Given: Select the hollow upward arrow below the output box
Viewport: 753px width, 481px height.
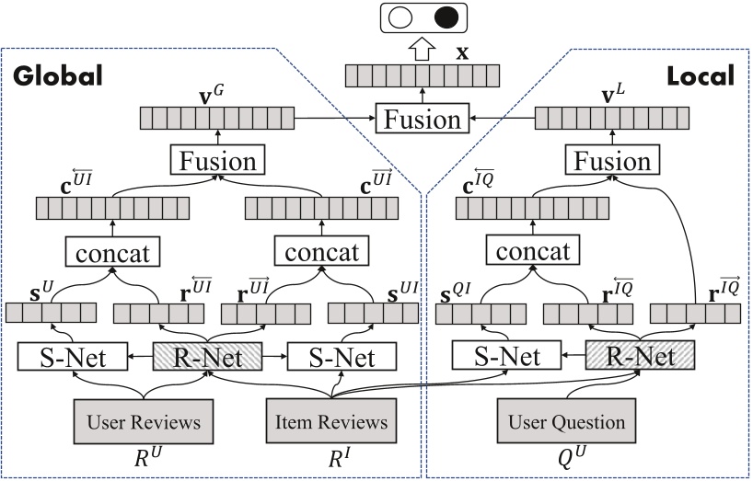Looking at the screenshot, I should click(422, 49).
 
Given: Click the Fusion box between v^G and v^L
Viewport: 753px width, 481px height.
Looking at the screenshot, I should click(423, 120).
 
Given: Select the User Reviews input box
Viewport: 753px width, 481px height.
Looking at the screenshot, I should click(144, 422).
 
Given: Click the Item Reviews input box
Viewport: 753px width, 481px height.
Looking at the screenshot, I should click(330, 422).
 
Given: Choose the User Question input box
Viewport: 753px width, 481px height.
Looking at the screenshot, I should click(567, 422).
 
